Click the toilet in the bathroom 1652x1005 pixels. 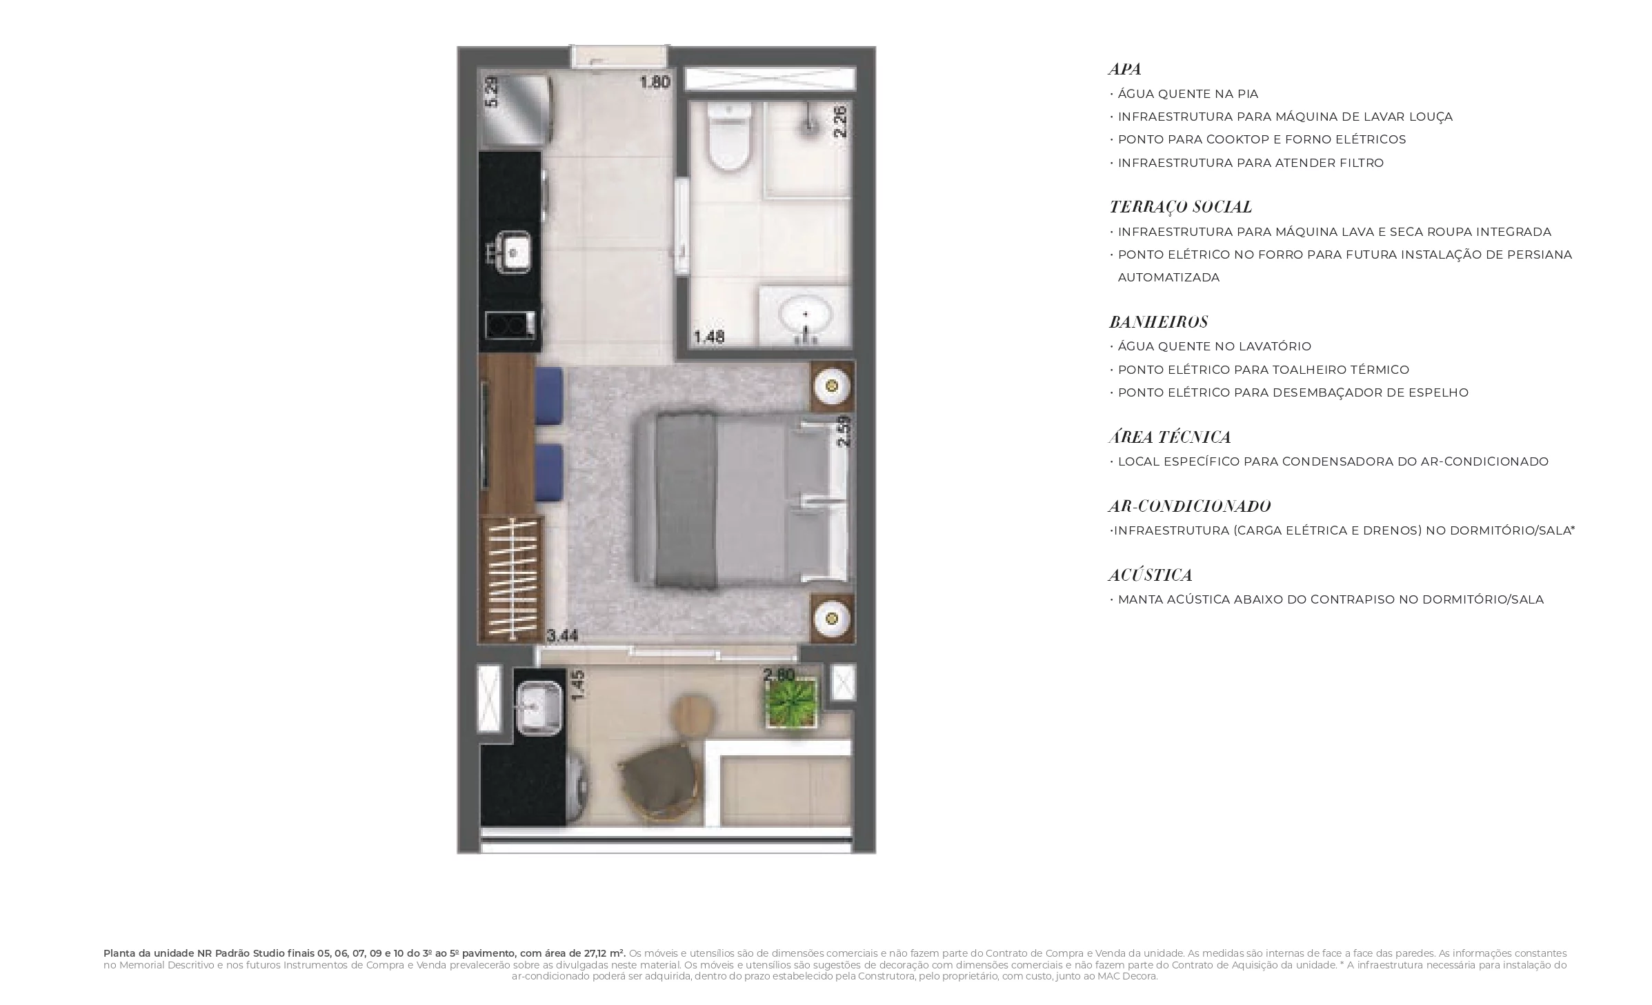729,136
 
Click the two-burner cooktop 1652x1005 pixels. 510,325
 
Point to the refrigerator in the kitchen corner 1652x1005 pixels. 517,110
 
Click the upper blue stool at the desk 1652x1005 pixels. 550,396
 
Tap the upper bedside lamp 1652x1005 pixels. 832,386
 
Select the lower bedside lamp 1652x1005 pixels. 832,617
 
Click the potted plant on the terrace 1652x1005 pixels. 792,702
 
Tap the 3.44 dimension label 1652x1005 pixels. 562,635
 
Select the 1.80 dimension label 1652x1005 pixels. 655,82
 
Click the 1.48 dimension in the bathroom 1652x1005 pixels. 708,337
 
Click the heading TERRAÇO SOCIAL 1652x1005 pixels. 1180,207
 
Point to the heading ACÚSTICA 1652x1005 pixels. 1151,575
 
